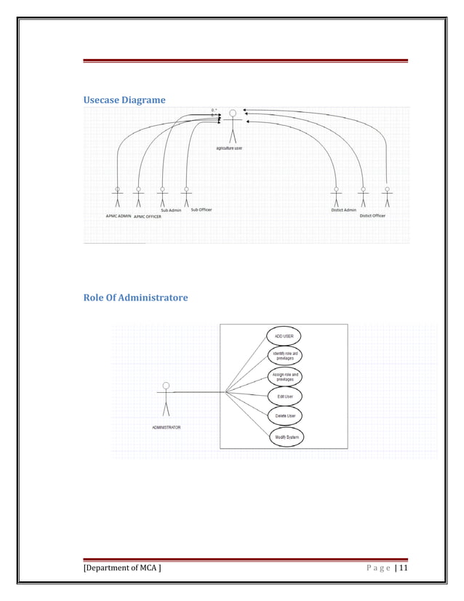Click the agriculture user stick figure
[x=233, y=125]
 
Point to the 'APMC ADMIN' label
[x=119, y=216]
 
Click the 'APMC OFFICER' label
[x=148, y=217]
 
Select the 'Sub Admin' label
[x=171, y=210]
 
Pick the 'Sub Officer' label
[x=201, y=210]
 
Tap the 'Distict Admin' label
[x=343, y=210]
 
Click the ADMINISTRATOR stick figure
[x=166, y=397]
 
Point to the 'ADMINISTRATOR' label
[x=166, y=427]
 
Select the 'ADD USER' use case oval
[x=284, y=336]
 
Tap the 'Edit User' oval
[x=284, y=397]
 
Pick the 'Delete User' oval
[x=284, y=416]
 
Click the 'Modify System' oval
[x=284, y=437]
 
